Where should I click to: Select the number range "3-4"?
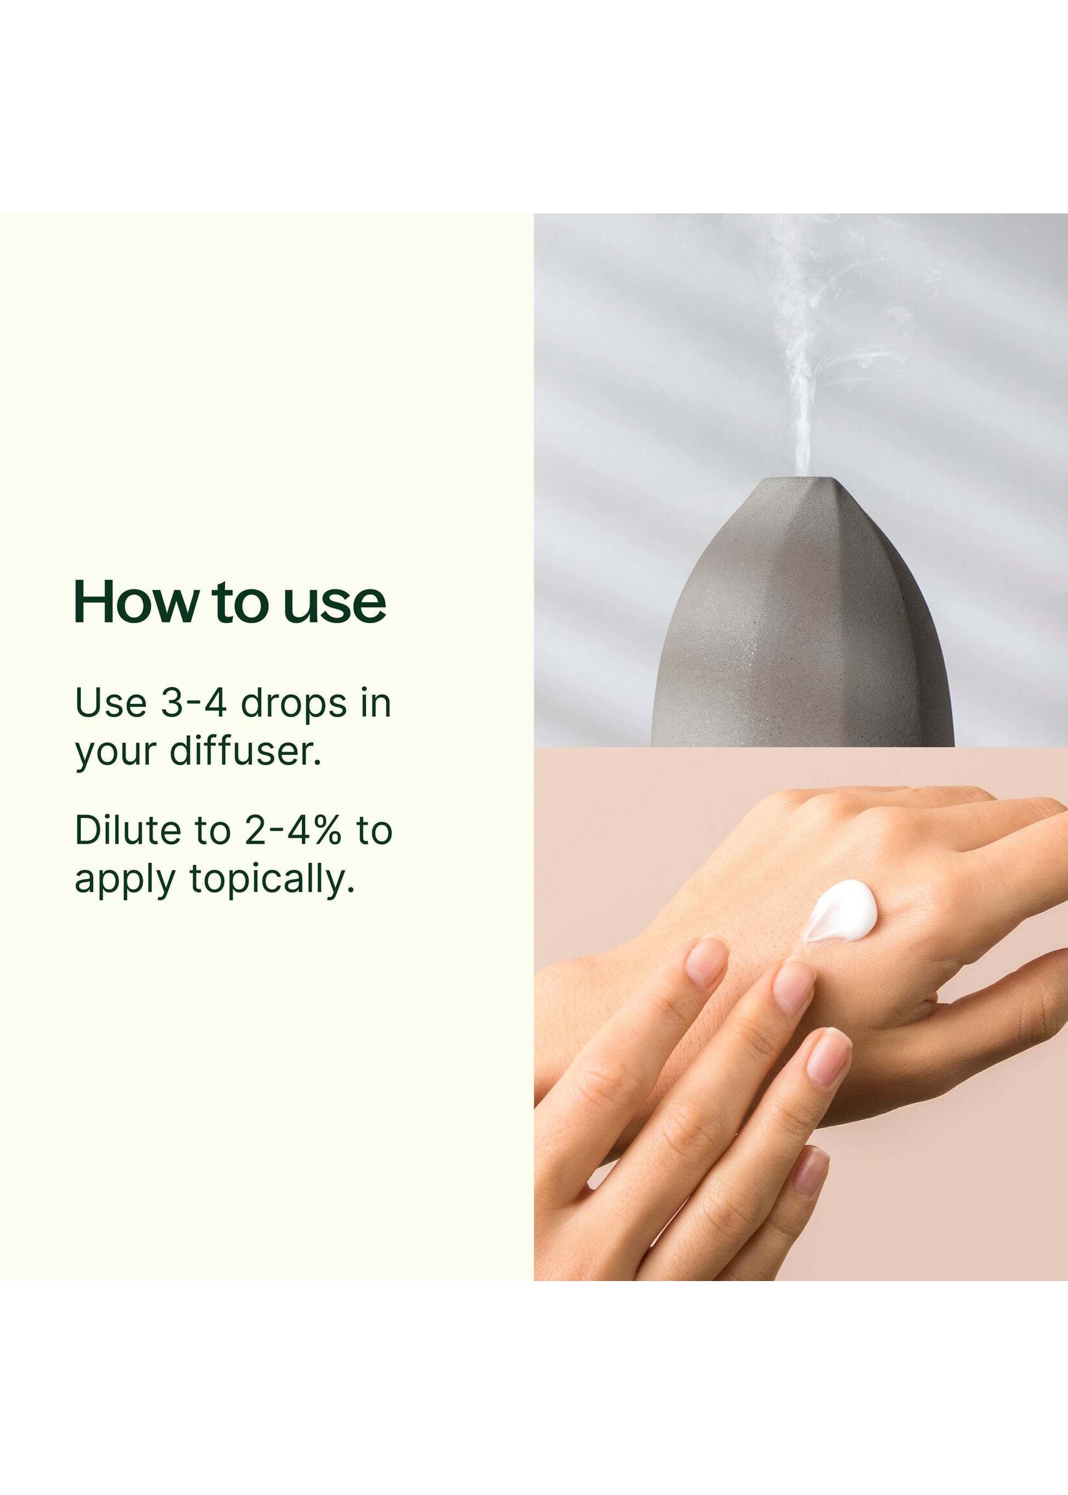194,703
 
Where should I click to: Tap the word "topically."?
272,879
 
